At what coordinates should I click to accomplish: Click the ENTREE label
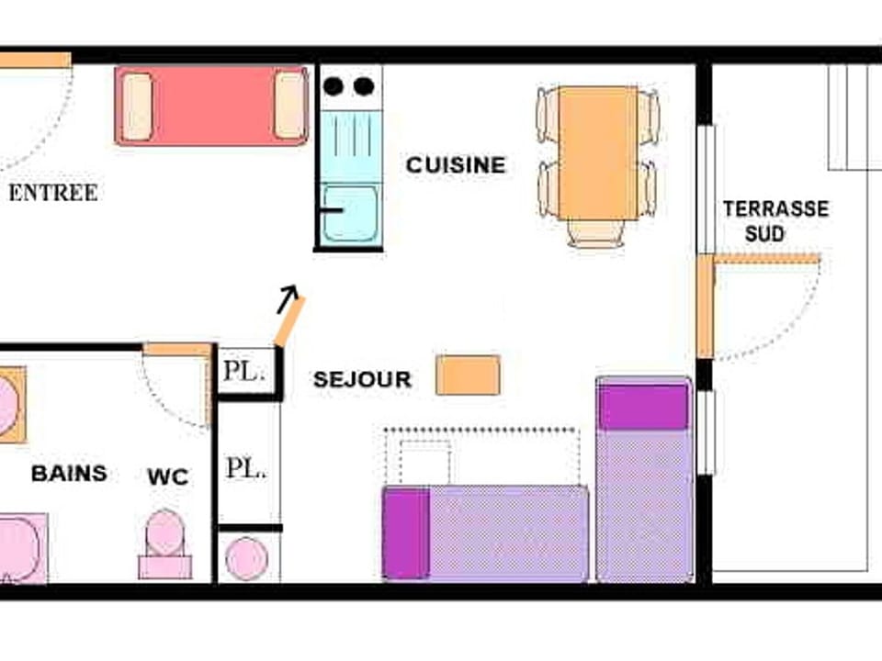(x=52, y=193)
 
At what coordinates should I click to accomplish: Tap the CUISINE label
(x=456, y=165)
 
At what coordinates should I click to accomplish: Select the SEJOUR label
(x=362, y=380)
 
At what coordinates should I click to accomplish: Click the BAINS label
(x=69, y=474)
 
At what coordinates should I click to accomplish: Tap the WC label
(x=167, y=476)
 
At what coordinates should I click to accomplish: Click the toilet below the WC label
(x=165, y=543)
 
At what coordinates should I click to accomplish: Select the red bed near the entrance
(x=211, y=106)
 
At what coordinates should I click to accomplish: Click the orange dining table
(x=598, y=152)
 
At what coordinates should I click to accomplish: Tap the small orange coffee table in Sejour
(x=468, y=375)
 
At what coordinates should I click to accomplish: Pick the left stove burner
(x=334, y=86)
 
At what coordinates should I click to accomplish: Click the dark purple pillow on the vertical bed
(x=643, y=407)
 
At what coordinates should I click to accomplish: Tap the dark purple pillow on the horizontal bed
(x=406, y=533)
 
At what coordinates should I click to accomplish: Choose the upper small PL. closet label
(x=243, y=372)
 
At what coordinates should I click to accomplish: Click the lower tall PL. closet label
(x=246, y=468)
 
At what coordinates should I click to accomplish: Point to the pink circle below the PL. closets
(x=247, y=558)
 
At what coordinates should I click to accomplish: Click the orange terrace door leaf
(x=705, y=307)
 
